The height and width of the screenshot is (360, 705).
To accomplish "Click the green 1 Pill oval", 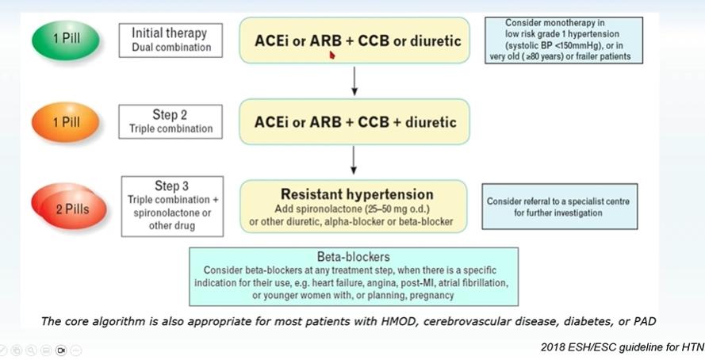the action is [x=66, y=40].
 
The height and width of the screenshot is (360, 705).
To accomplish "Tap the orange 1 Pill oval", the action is [x=66, y=122].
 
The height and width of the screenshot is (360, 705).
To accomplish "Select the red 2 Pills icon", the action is [x=69, y=206].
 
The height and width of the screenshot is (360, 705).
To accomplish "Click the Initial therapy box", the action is [x=171, y=40].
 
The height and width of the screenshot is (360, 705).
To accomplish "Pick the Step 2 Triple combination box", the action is [x=171, y=121].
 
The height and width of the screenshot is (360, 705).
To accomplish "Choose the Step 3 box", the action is [x=172, y=206].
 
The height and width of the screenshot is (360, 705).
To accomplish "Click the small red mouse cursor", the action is [x=332, y=56].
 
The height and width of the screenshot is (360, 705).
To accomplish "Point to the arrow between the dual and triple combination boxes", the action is [x=354, y=82].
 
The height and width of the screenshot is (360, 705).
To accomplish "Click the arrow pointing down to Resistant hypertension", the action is [x=354, y=160].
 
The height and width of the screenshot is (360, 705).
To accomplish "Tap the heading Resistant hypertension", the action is [x=357, y=194].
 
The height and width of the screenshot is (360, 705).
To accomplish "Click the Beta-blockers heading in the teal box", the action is [x=354, y=257].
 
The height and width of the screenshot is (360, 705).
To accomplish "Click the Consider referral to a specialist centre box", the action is [x=560, y=206].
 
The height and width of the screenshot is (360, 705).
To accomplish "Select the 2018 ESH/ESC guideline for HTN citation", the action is [x=623, y=347].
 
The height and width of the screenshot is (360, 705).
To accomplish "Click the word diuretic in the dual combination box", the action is [x=435, y=41].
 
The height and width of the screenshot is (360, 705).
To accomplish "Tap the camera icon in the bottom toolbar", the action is [x=61, y=350].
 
